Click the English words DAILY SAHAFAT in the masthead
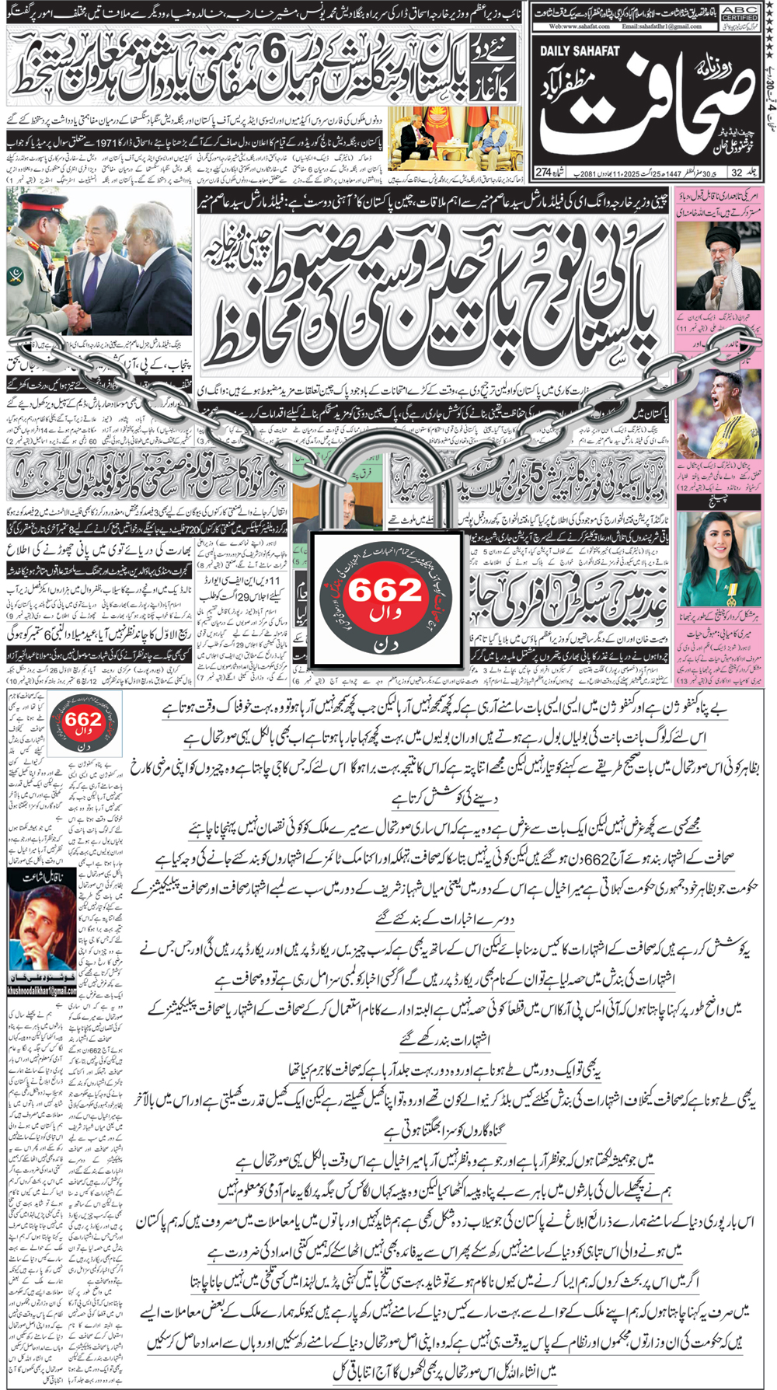(580, 51)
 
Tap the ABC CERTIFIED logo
(739, 12)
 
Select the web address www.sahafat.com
(579, 26)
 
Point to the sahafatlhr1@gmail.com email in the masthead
(661, 26)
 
